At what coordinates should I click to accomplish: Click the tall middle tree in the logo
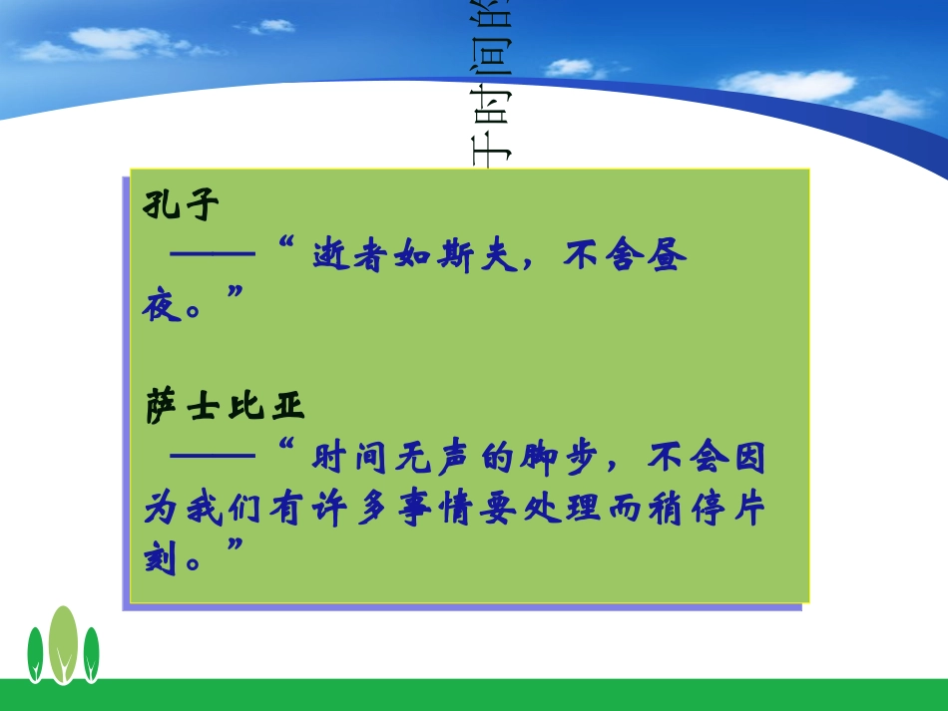pyautogui.click(x=63, y=643)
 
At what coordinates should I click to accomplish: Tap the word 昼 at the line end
pyautogui.click(x=668, y=257)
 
